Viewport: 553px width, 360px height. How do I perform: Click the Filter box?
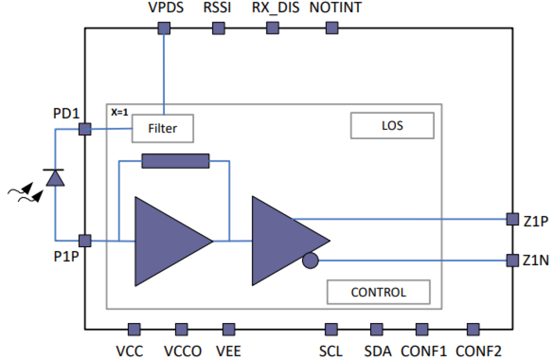click(162, 128)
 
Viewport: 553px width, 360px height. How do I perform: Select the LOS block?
click(392, 126)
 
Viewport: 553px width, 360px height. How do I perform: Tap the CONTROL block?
click(378, 292)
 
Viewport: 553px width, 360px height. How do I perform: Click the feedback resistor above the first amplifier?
click(175, 161)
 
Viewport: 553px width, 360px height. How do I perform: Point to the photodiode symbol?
click(55, 178)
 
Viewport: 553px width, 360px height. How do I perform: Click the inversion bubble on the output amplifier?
click(310, 260)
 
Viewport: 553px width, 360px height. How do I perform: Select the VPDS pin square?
click(164, 29)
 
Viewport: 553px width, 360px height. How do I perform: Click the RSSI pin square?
click(219, 29)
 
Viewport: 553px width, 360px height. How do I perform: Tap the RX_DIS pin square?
click(273, 29)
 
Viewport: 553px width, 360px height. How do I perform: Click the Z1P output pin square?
click(512, 219)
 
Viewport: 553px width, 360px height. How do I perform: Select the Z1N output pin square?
click(512, 260)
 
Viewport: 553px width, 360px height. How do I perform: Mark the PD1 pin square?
click(85, 129)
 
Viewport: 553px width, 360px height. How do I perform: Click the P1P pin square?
click(85, 241)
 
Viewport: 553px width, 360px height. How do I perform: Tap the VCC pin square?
click(134, 329)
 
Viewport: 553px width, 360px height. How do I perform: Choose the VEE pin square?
click(229, 329)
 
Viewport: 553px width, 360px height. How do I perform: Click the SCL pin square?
click(331, 329)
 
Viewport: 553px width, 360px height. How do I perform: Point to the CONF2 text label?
click(478, 351)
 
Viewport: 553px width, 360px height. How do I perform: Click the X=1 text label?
click(119, 112)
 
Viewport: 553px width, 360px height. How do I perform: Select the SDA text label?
click(378, 351)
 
